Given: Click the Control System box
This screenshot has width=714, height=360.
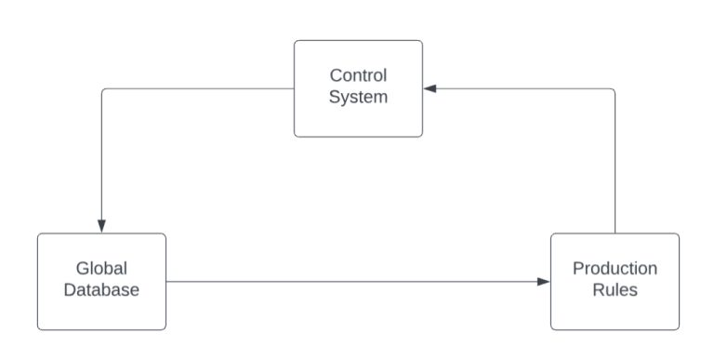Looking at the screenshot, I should tap(358, 115).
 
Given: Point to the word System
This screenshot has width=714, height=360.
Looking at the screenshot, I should tap(359, 97).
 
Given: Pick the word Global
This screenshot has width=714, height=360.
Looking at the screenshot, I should tap(101, 269).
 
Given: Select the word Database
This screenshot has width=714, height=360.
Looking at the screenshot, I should tap(101, 289).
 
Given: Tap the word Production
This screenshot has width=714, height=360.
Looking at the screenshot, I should tap(615, 269).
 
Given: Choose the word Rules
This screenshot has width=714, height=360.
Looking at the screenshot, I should tap(615, 289).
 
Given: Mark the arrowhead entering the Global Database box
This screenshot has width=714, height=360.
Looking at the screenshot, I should tap(101, 227).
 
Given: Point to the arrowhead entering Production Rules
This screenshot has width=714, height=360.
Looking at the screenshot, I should tap(544, 281).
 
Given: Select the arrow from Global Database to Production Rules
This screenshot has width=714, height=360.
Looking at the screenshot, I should tap(353, 281).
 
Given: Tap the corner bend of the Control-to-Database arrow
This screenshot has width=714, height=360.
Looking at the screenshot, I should tap(102, 90).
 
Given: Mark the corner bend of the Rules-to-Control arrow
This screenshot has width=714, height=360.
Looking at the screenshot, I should tap(614, 90).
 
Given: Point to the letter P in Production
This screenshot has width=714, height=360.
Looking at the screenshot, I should tap(577, 269).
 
